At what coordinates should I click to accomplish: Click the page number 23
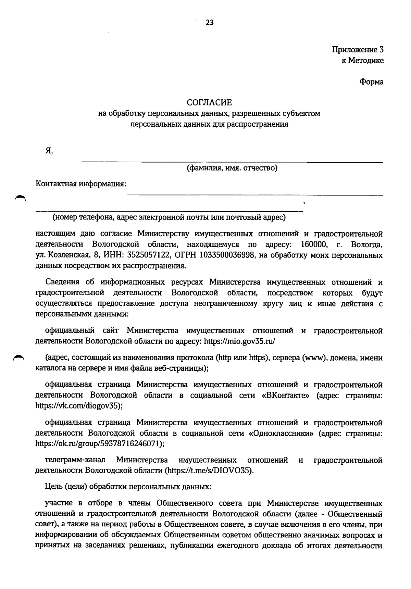[210, 23]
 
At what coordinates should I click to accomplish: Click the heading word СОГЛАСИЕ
[209, 102]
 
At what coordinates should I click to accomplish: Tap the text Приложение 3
[358, 50]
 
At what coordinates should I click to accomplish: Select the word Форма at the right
[371, 82]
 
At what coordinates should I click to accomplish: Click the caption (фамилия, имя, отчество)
[232, 168]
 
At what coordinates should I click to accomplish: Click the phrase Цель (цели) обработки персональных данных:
[128, 487]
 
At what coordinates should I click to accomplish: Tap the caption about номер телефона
[169, 217]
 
